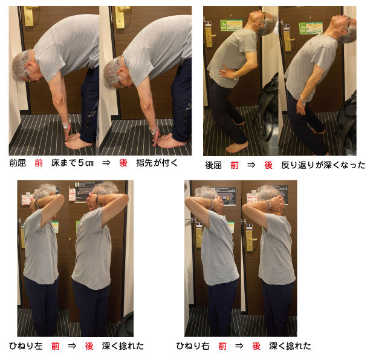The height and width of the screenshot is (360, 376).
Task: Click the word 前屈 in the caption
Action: click(18, 163)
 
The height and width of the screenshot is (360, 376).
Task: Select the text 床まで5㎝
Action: click(72, 163)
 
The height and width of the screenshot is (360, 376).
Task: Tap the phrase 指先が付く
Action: click(157, 163)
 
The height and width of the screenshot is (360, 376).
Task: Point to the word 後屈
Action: click(213, 165)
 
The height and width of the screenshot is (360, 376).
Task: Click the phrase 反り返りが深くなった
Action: click(323, 165)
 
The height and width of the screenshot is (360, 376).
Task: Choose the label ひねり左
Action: click(25, 346)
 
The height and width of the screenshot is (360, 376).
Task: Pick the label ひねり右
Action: click(193, 346)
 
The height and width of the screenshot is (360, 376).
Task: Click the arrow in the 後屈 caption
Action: click(251, 165)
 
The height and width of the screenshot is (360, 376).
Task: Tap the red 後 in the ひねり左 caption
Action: click(89, 346)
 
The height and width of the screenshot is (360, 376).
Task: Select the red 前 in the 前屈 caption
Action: click(39, 163)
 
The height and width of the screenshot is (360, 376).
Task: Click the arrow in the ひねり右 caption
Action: click(239, 346)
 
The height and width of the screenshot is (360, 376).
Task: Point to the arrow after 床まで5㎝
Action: click(106, 163)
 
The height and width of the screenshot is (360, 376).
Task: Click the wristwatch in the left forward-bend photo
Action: click(66, 124)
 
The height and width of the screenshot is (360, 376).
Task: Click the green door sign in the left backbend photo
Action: click(231, 25)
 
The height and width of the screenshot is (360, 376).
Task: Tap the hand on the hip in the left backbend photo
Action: click(227, 72)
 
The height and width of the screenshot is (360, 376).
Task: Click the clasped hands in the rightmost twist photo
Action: click(277, 203)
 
